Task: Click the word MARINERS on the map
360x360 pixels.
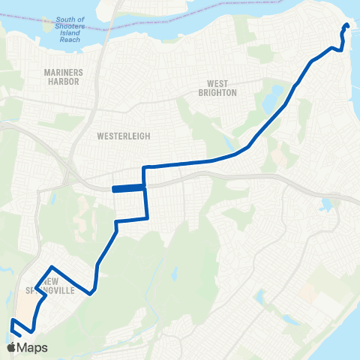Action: (63, 72)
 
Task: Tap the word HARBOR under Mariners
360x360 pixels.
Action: (63, 82)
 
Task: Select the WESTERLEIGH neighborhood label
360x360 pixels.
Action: (124, 136)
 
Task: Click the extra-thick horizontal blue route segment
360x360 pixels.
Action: (127, 189)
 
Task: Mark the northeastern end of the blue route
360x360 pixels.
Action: (347, 26)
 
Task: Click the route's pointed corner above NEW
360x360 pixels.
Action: (51, 267)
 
